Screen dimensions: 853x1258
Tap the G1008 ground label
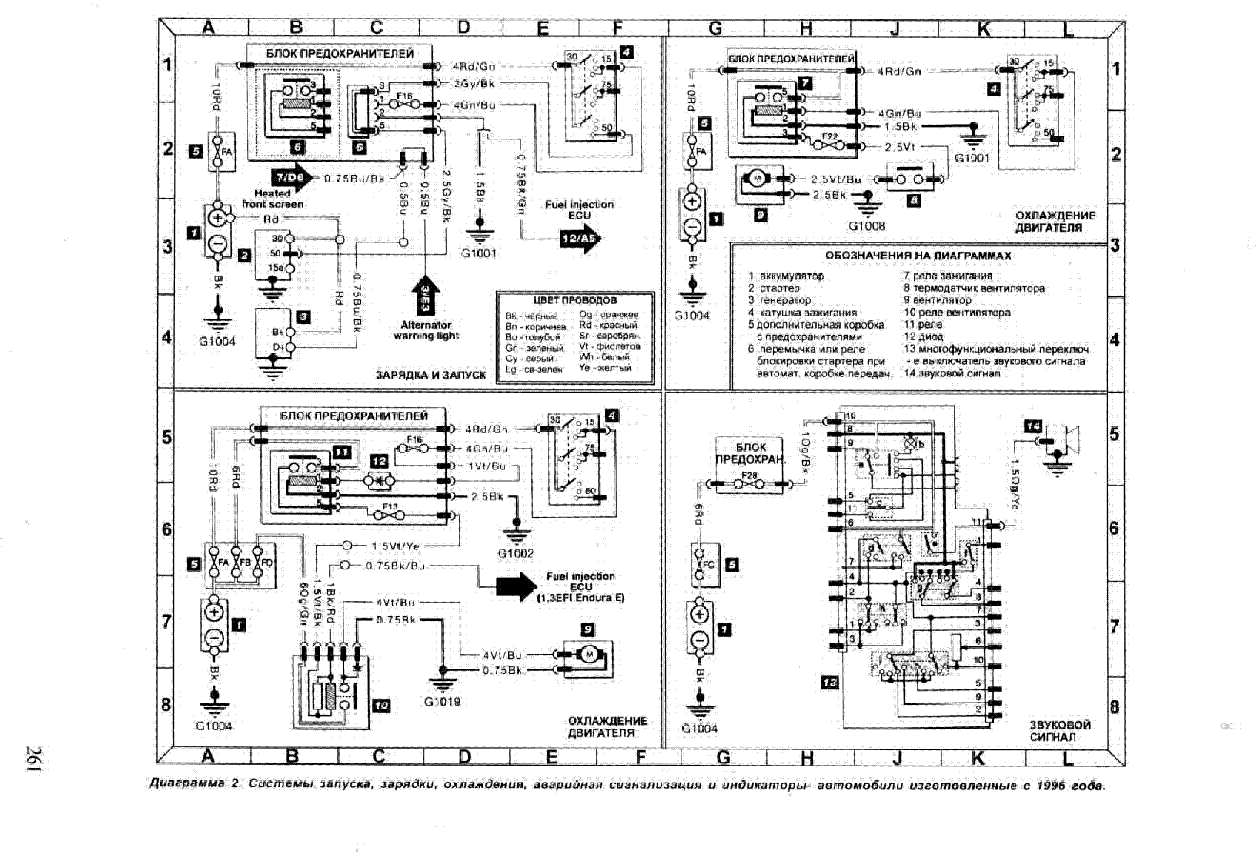(866, 226)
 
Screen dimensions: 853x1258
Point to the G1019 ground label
(442, 702)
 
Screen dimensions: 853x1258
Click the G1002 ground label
(515, 553)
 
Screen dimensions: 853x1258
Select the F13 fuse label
(390, 506)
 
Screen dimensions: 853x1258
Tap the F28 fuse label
(749, 475)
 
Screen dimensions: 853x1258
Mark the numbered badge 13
(830, 682)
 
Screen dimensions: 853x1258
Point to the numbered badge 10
(381, 706)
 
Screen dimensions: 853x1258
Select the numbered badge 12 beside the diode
(379, 461)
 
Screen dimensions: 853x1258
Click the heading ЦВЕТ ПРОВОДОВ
(574, 300)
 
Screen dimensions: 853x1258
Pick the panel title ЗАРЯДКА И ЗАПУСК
(431, 375)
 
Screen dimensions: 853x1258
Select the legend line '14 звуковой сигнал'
(951, 373)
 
